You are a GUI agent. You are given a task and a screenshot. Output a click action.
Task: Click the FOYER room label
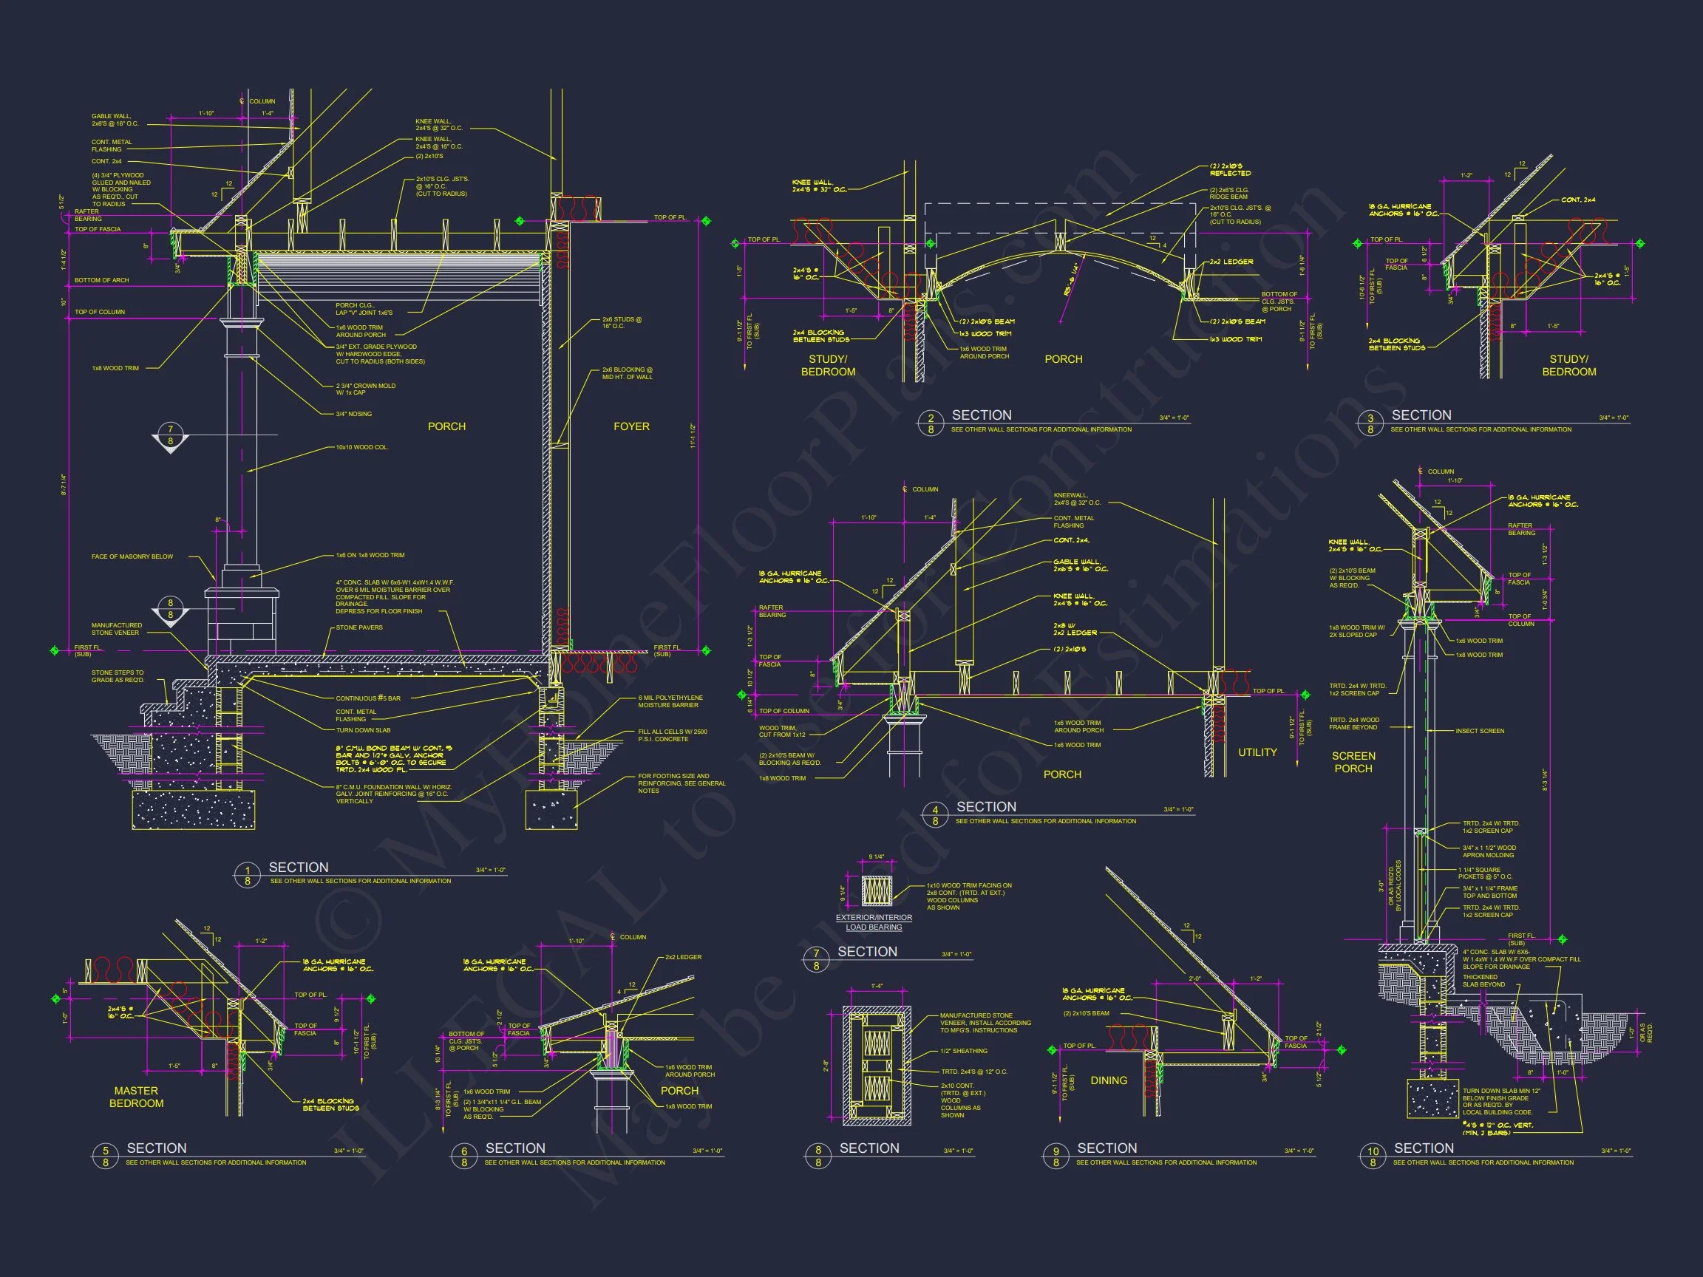[x=631, y=426]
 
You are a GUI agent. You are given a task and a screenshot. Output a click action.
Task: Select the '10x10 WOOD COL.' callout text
[x=362, y=447]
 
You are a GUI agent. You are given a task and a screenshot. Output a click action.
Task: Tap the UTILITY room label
[x=1257, y=752]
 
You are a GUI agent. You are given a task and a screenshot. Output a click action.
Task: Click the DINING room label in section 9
[x=1109, y=1080]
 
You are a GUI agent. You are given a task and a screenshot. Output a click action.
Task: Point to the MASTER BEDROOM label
[x=136, y=1097]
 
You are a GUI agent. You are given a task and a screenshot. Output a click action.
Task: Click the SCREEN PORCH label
[x=1353, y=762]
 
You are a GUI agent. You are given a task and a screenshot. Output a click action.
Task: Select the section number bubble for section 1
[x=247, y=875]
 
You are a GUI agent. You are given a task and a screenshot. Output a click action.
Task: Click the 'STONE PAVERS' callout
[x=358, y=627]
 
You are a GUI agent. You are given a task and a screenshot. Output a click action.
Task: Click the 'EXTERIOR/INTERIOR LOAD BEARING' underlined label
[x=874, y=922]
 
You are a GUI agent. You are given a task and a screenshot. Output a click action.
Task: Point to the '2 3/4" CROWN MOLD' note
[x=365, y=389]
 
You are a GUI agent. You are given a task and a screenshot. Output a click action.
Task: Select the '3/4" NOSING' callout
[x=353, y=414]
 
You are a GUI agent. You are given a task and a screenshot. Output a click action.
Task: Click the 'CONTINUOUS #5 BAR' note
[x=368, y=698]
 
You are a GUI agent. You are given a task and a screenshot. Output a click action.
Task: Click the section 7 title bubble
[x=816, y=959]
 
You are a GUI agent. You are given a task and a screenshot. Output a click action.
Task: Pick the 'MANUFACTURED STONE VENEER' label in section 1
[x=116, y=629]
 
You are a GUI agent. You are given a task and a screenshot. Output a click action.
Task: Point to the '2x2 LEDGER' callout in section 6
[x=683, y=958]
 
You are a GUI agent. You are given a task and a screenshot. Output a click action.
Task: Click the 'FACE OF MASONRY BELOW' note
[x=132, y=556]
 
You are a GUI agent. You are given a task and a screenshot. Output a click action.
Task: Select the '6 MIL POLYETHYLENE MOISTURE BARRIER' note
[x=670, y=701]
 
